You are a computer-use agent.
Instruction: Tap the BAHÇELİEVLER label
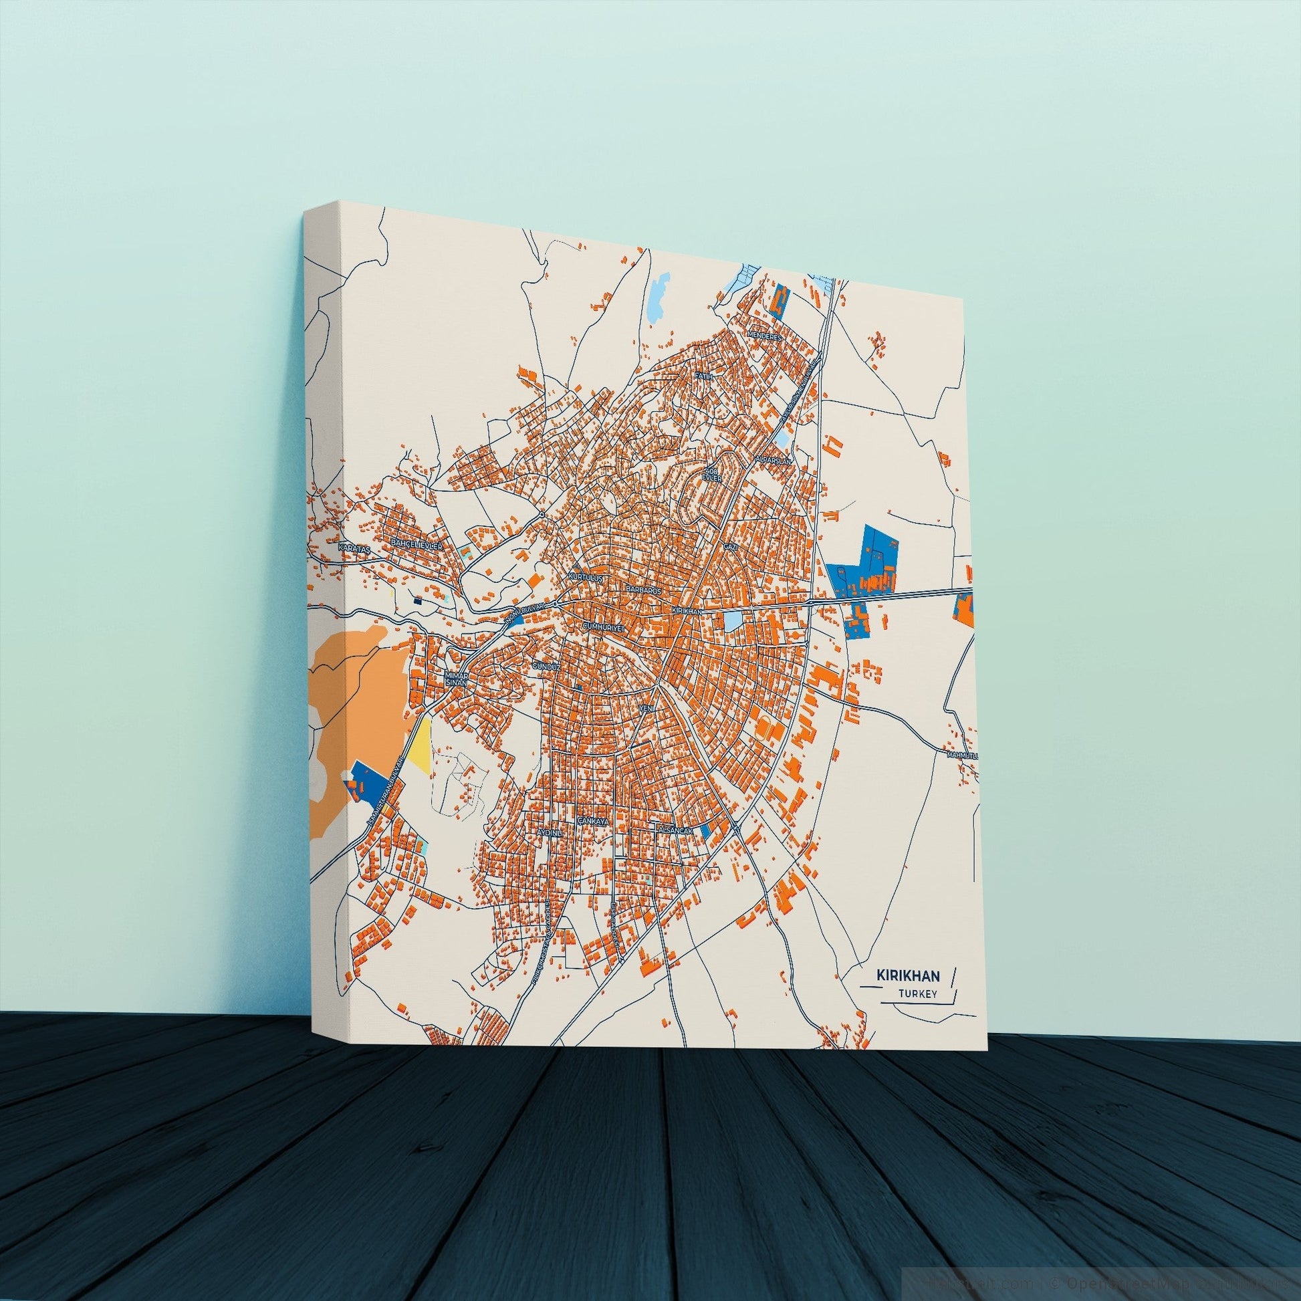[x=416, y=544]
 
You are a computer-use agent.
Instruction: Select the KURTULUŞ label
[x=587, y=578]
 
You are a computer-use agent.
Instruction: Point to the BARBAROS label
[x=644, y=588]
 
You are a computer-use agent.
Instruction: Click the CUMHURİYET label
[x=604, y=626]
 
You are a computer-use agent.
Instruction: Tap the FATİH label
[x=704, y=376]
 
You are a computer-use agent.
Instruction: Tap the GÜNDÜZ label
[x=546, y=665]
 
